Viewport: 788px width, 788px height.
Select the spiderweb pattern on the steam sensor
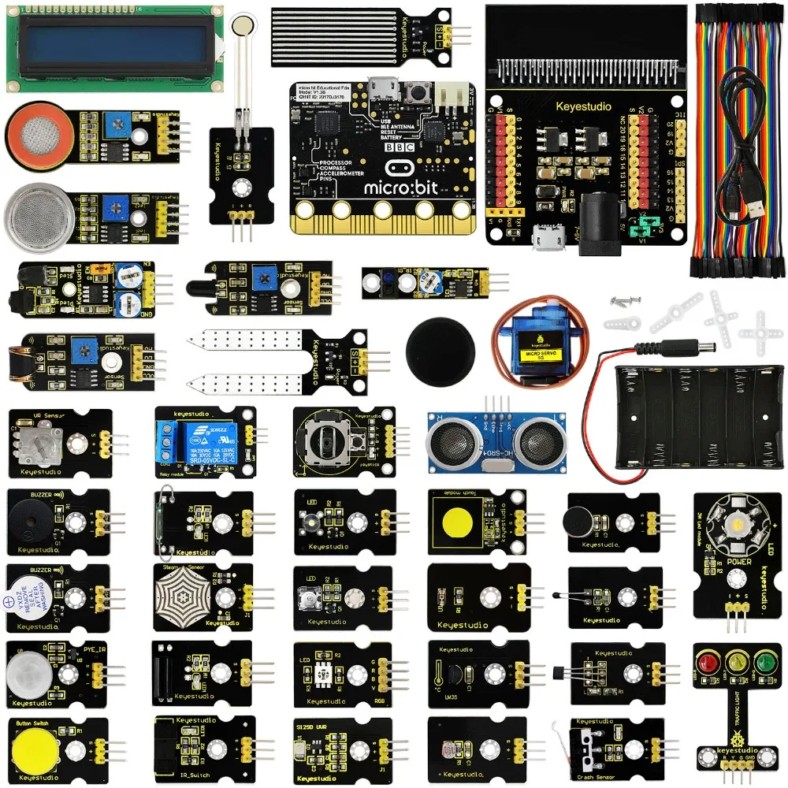[x=182, y=595]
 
